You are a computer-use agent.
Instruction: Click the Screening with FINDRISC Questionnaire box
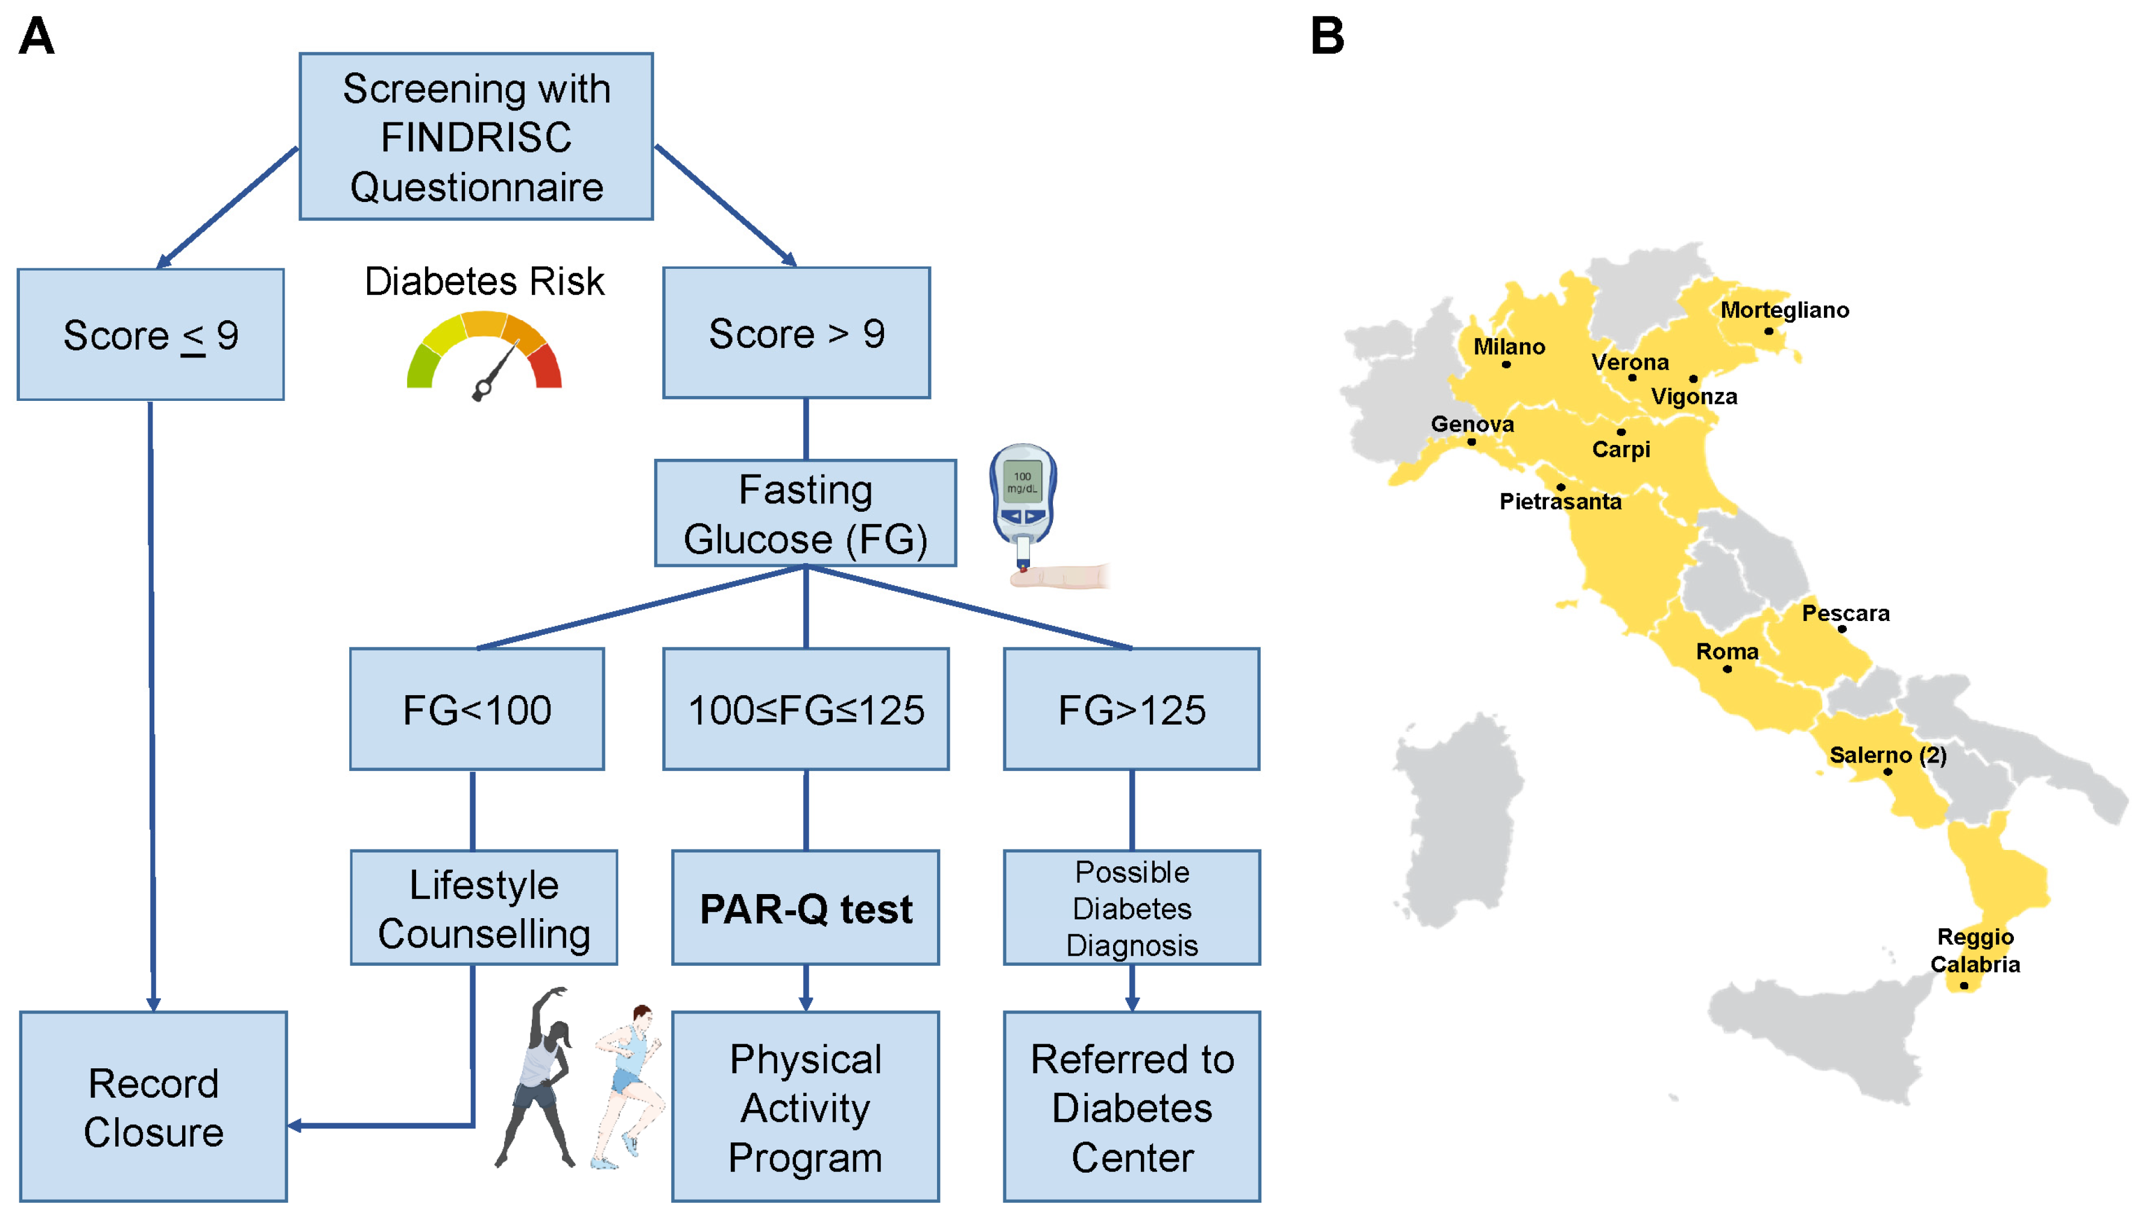(476, 136)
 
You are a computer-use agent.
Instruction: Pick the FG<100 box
(476, 709)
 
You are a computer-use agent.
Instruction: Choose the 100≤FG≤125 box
(806, 709)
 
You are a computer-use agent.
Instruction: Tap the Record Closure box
(153, 1106)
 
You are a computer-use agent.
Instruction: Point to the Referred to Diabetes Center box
(1131, 1106)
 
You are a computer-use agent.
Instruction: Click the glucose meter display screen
(1021, 482)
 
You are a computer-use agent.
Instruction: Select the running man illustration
(628, 1084)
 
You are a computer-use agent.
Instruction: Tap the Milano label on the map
(1509, 346)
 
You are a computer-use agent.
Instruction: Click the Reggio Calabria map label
(1974, 950)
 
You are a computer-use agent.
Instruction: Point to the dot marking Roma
(1727, 669)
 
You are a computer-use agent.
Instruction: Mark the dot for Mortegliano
(1768, 331)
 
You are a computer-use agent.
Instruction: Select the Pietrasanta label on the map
(1560, 502)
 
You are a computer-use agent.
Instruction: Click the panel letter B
(1327, 36)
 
